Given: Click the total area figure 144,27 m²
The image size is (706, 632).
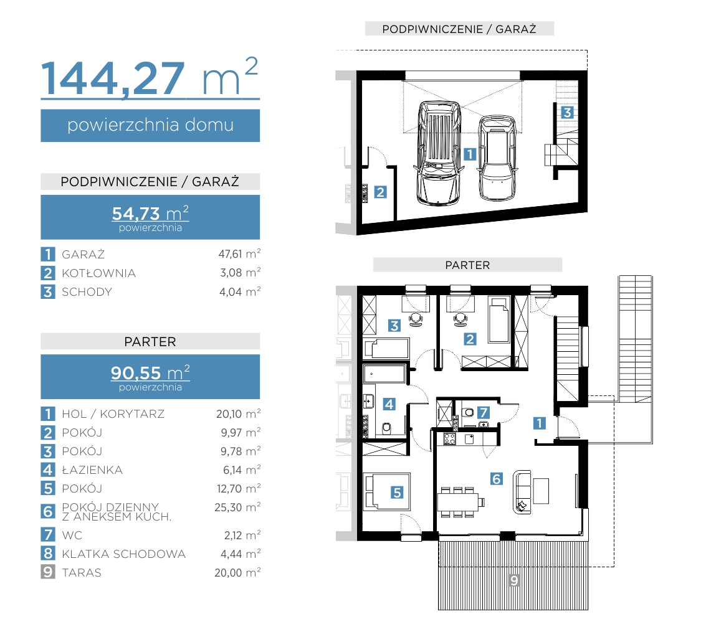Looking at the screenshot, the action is (150, 77).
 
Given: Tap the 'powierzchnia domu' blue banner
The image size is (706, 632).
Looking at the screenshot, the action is (150, 125).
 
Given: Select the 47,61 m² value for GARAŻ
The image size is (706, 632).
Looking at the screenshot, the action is (239, 254).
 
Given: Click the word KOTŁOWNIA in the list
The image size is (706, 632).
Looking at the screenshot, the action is (98, 273).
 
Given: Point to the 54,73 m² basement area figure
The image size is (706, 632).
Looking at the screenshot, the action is (150, 213).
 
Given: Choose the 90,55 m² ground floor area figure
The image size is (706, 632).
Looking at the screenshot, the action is (150, 373).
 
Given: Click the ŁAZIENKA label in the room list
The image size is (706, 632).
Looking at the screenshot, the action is (92, 469).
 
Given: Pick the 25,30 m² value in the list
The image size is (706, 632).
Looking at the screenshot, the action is (237, 507).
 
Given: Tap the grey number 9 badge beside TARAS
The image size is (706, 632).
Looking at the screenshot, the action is (48, 572).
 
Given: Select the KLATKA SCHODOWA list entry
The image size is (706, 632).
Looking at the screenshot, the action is (123, 554).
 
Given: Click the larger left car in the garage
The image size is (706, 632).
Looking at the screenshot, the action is (439, 153).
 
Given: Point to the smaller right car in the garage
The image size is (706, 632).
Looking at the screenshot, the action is (497, 158).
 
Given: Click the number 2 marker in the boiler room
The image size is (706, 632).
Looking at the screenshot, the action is (381, 192).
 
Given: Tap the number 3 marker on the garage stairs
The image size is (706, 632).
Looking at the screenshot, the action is (567, 112).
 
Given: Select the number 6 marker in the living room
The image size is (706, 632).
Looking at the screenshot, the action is (496, 479).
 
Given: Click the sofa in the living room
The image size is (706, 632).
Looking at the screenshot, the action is (522, 492).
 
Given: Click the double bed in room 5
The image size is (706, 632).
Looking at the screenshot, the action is (387, 491).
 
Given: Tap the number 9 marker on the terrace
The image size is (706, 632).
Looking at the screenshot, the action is (514, 580).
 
